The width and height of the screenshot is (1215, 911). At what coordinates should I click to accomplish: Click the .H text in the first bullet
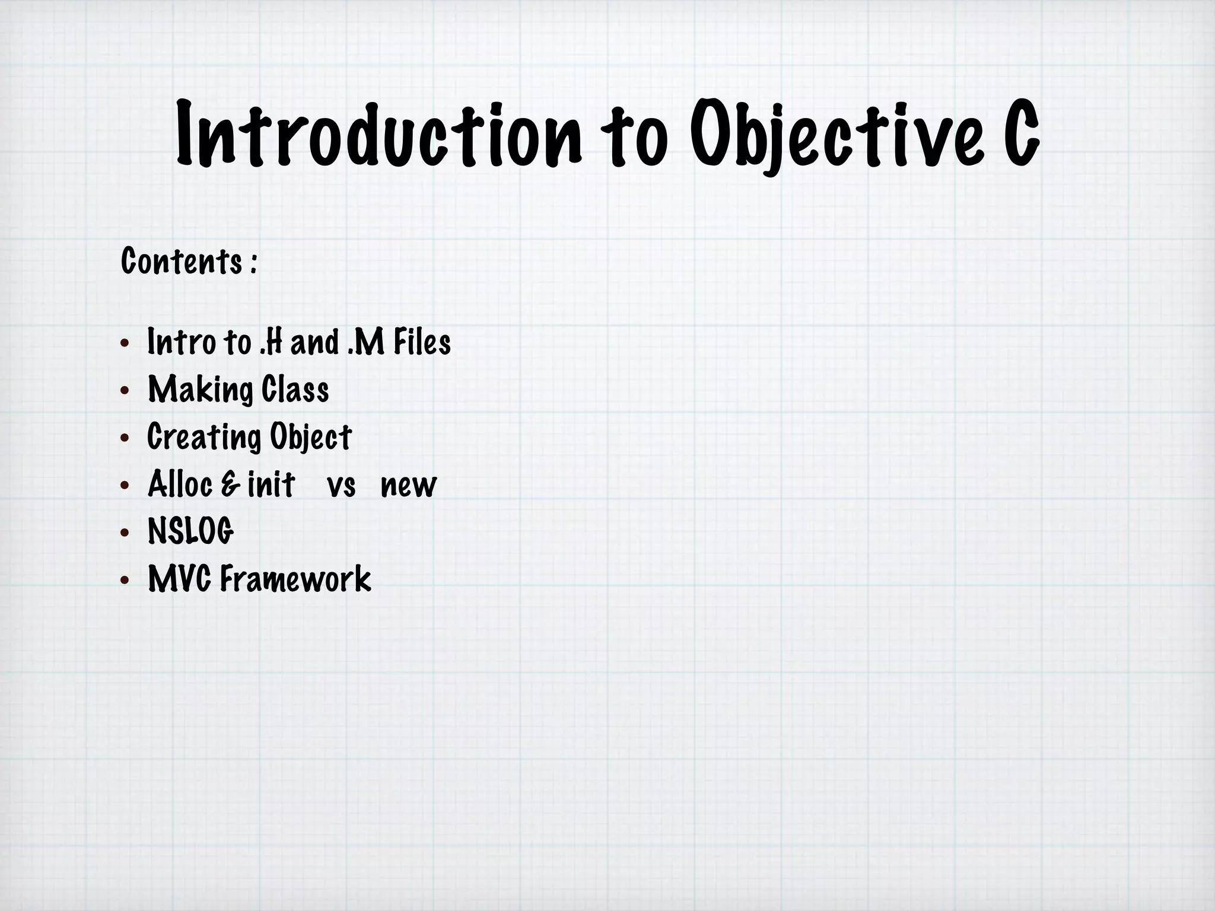pyautogui.click(x=271, y=343)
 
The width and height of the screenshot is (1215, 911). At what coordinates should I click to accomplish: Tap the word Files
pyautogui.click(x=422, y=343)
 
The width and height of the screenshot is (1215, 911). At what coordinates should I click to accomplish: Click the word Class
pyautogui.click(x=295, y=390)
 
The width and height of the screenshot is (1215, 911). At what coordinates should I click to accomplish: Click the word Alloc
pyautogui.click(x=180, y=485)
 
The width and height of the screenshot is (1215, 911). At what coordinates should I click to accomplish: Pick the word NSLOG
pyautogui.click(x=191, y=531)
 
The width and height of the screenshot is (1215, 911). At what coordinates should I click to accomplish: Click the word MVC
pyautogui.click(x=180, y=579)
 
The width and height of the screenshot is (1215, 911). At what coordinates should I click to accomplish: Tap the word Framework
pyautogui.click(x=295, y=579)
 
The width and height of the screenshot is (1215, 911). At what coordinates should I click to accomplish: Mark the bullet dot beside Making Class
pyautogui.click(x=124, y=391)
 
